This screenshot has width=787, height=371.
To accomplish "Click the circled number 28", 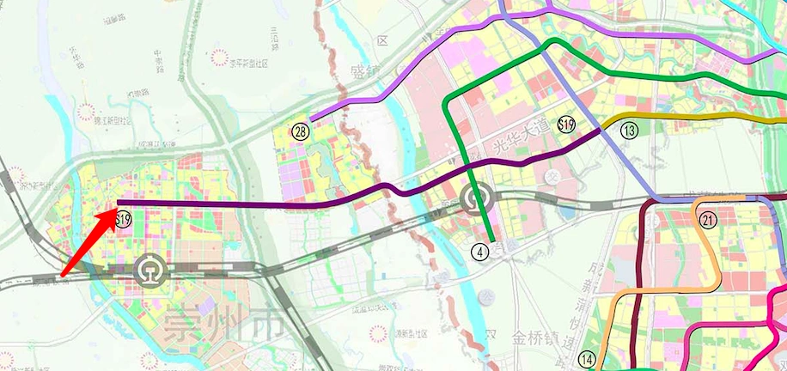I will pyautogui.click(x=300, y=131).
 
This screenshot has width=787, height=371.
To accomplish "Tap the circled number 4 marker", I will pyautogui.click(x=481, y=252).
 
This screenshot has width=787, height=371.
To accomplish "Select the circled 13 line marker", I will pyautogui.click(x=631, y=131).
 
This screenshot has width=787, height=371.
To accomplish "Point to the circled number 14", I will pyautogui.click(x=588, y=359).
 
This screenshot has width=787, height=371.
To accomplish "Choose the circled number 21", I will pyautogui.click(x=708, y=220).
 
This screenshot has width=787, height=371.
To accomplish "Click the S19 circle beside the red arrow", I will pyautogui.click(x=124, y=220).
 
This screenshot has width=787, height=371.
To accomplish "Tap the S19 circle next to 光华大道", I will pyautogui.click(x=565, y=125).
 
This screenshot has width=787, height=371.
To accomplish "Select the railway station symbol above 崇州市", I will pyautogui.click(x=151, y=271).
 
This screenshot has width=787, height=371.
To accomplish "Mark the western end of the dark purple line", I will pyautogui.click(x=118, y=203).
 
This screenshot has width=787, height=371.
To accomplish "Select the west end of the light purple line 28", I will pyautogui.click(x=311, y=119).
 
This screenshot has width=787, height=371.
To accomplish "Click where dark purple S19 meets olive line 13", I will pyautogui.click(x=600, y=131).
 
